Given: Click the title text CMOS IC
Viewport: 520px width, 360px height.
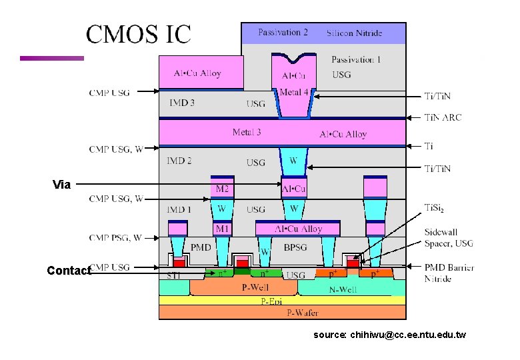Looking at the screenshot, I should pyautogui.click(x=138, y=35).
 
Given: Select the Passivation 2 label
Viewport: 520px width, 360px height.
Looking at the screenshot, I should pyautogui.click(x=283, y=32).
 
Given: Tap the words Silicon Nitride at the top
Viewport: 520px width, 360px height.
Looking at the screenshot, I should pyautogui.click(x=355, y=33).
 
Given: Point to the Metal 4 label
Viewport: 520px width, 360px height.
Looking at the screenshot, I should pyautogui.click(x=294, y=92).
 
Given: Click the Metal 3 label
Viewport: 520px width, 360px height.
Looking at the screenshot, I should pyautogui.click(x=247, y=132).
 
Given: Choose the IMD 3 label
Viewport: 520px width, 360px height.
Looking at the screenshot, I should pyautogui.click(x=182, y=103).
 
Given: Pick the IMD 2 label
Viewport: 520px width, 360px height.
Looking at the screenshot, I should pyautogui.click(x=179, y=161).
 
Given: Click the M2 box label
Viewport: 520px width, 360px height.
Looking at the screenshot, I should pyautogui.click(x=223, y=189).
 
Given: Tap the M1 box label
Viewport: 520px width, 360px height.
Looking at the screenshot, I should pyautogui.click(x=222, y=229).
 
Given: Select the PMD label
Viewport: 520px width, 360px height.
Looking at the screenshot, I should pyautogui.click(x=201, y=247).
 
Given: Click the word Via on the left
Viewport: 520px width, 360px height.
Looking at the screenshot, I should pyautogui.click(x=61, y=185).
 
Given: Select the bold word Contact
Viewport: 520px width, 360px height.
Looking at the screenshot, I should pyautogui.click(x=69, y=271).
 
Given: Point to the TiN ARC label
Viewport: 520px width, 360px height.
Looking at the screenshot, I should pyautogui.click(x=443, y=117).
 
